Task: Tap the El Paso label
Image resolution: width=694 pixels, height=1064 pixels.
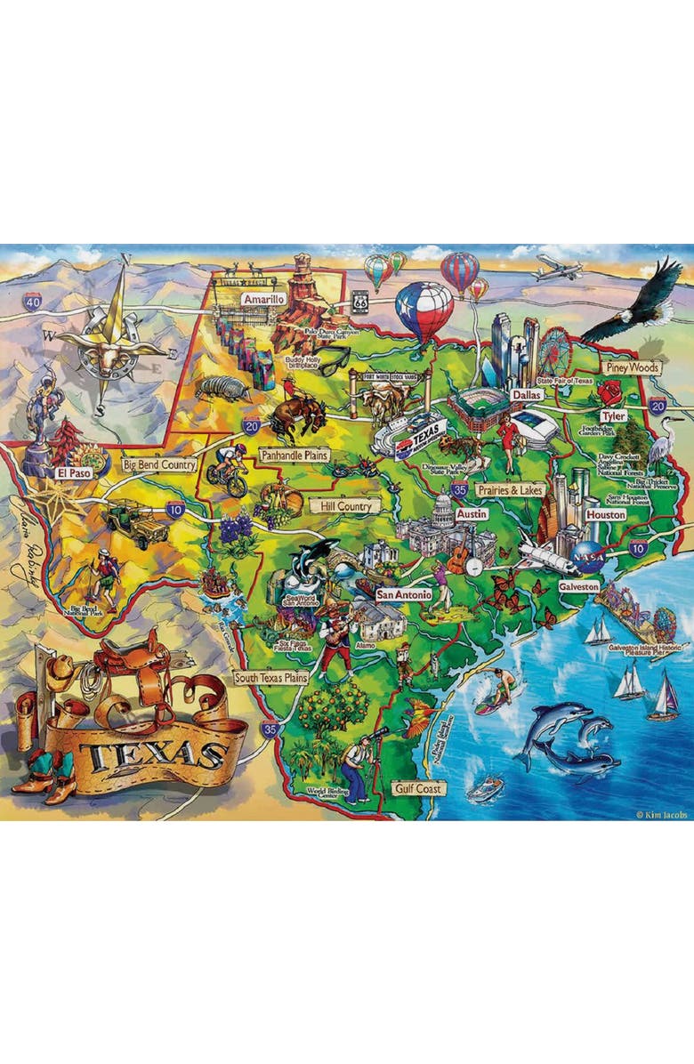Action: [x=75, y=473]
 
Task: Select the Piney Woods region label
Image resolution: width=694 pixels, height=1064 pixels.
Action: [x=630, y=367]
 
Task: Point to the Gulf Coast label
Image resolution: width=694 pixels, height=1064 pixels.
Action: [x=417, y=788]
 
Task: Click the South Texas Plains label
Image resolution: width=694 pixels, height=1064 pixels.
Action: [x=270, y=678]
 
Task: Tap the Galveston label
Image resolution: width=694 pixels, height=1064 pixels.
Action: [x=579, y=588]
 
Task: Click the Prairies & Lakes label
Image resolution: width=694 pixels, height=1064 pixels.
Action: [x=509, y=489]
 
